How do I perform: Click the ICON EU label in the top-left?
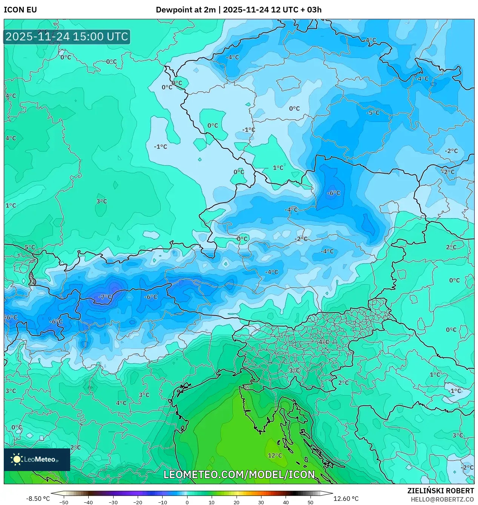click(20, 10)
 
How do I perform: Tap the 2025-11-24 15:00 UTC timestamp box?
click(67, 37)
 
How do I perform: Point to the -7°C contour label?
click(105, 297)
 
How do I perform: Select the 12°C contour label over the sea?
click(275, 456)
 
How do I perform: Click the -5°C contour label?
click(373, 113)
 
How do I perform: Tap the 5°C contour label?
click(29, 248)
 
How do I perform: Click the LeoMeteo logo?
click(37, 459)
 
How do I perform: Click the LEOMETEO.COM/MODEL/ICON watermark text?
click(239, 474)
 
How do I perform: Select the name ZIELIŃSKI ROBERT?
click(440, 491)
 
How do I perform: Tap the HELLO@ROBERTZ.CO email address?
click(442, 499)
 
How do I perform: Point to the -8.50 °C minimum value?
click(38, 499)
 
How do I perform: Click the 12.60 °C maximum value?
click(346, 499)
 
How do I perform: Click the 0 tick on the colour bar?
click(187, 502)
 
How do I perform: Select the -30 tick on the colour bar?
click(113, 502)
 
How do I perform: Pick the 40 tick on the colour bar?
click(286, 502)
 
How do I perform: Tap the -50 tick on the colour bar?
click(64, 502)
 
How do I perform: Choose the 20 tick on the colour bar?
click(236, 502)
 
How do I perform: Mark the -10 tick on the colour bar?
click(162, 502)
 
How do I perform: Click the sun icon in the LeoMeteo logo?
click(17, 459)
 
